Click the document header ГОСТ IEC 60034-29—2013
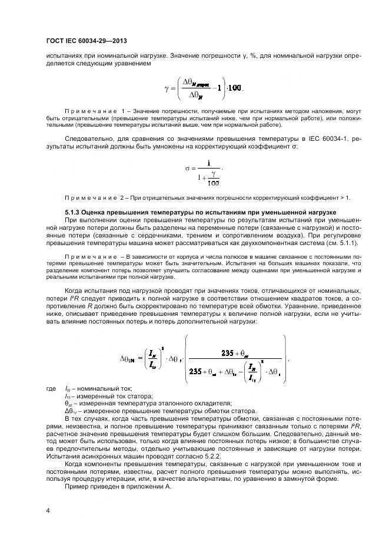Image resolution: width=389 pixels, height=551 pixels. point(86,41)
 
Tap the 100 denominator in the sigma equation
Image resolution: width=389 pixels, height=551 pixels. point(213,182)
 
